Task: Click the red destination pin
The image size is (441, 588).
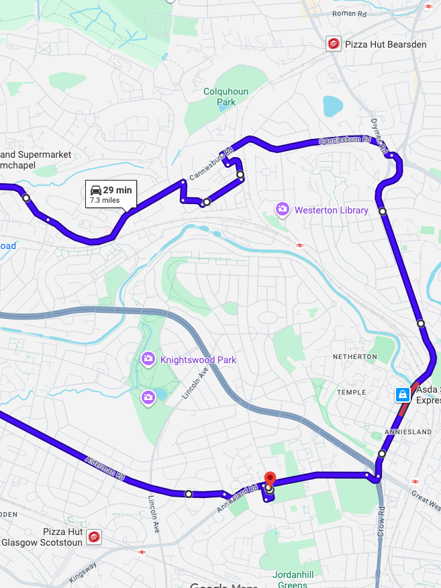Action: click(270, 479)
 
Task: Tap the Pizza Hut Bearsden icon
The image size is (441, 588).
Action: click(332, 44)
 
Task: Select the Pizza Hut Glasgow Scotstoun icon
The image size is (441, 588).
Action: click(94, 537)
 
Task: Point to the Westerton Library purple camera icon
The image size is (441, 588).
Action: click(283, 210)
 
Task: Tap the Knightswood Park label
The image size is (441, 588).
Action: click(198, 360)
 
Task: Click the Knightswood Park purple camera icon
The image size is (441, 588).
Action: click(148, 360)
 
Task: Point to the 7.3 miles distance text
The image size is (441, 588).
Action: click(105, 200)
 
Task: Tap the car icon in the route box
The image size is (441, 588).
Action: click(96, 190)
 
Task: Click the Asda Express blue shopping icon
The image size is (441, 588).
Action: click(401, 394)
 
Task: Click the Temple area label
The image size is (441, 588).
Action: click(352, 392)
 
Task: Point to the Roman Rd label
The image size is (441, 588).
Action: click(350, 13)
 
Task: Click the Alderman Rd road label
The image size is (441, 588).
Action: click(106, 468)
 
